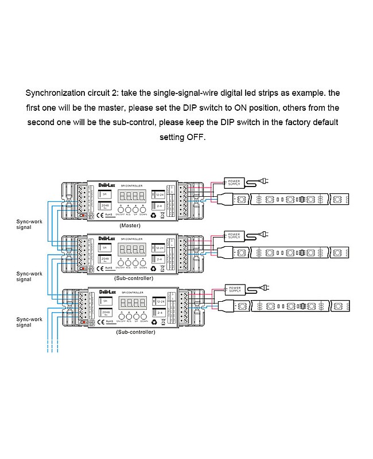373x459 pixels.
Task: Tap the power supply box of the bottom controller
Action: [x=235, y=288]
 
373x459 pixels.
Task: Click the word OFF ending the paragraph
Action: [x=195, y=137]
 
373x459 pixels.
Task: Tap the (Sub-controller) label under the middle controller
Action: [x=134, y=278]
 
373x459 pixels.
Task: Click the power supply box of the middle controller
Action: [x=235, y=235]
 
